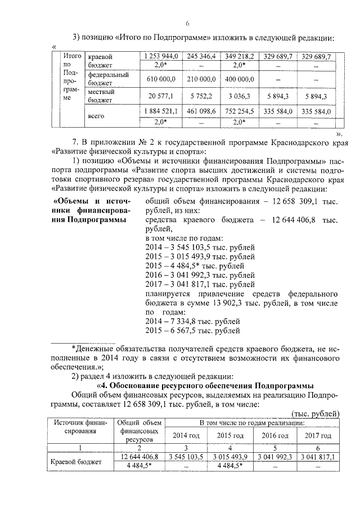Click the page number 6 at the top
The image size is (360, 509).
click(188, 23)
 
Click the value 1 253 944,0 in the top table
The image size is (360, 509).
click(161, 57)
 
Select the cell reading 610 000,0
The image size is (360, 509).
click(161, 79)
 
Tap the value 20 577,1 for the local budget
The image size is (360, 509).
click(161, 96)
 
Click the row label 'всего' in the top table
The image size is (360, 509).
click(97, 116)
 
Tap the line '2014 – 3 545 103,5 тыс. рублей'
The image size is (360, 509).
click(200, 247)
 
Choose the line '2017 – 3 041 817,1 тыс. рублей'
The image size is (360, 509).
click(200, 284)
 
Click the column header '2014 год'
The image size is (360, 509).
click(186, 435)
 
